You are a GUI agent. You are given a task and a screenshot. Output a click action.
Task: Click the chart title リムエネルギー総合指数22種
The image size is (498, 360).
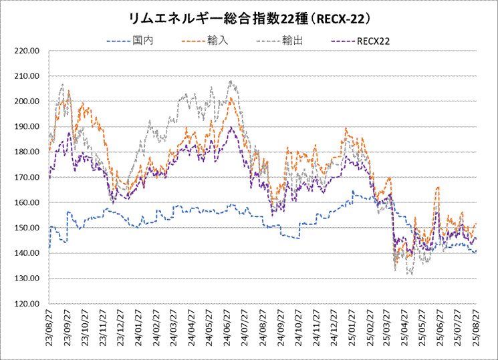pos(249,15)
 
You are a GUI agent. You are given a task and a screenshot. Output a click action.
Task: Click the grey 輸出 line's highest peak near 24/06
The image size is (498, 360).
pos(231,81)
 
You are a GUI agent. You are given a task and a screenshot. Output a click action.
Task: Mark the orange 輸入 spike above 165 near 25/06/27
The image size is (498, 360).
pos(437,188)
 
